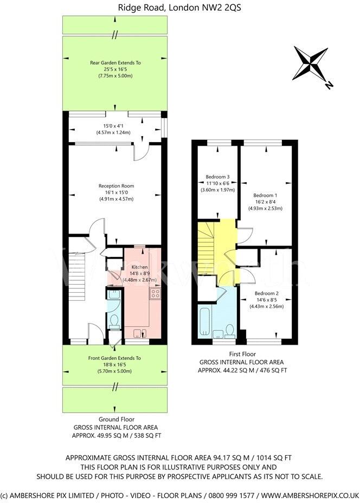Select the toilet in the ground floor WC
point(114,323)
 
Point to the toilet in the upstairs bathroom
point(230,331)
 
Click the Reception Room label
point(116,186)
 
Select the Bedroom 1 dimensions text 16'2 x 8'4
point(265,201)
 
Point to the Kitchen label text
point(140,267)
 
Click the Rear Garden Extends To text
point(115,63)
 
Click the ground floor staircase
point(77,271)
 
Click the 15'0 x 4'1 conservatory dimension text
point(115,126)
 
